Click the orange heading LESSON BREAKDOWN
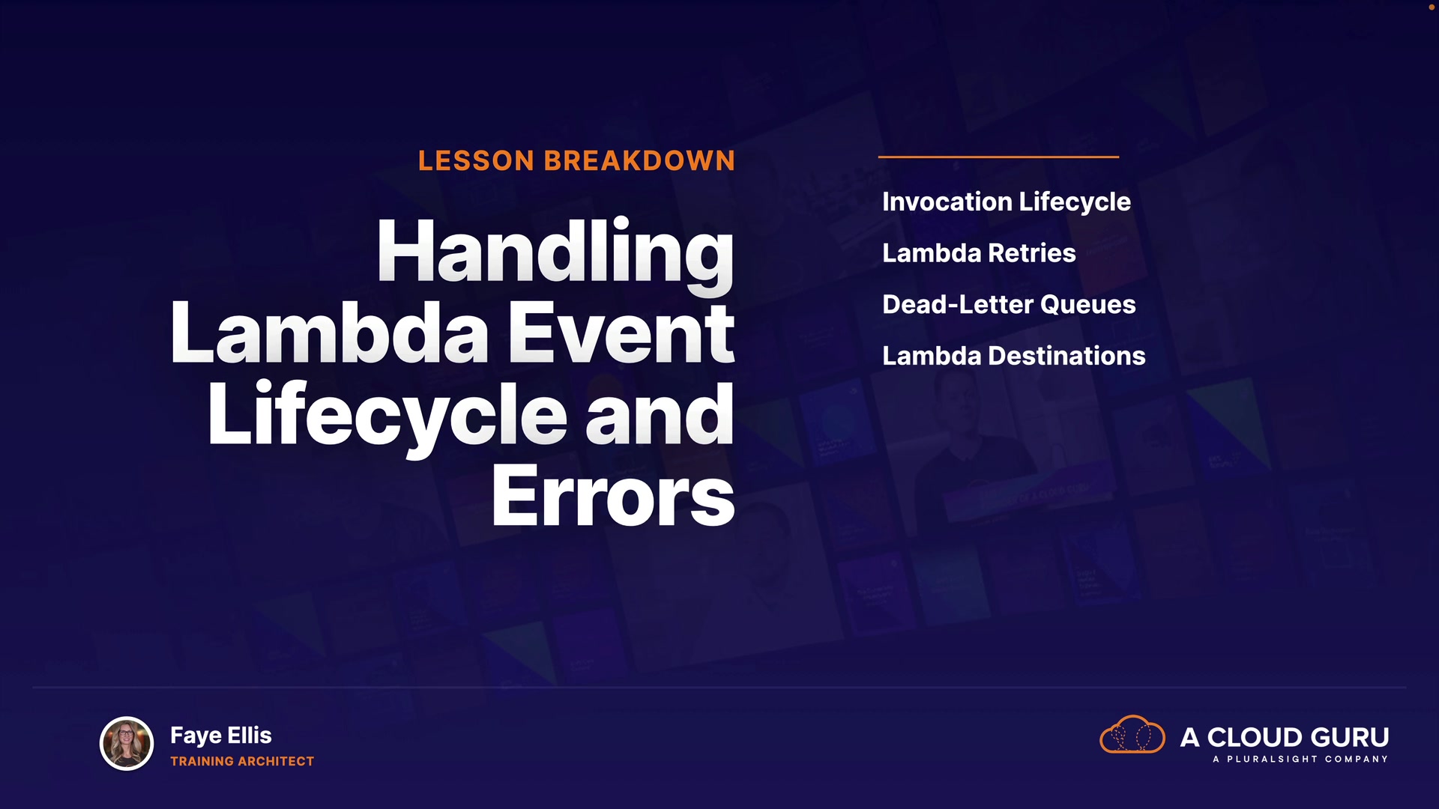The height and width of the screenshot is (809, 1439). pos(576,160)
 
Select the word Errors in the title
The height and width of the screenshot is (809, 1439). pos(613,495)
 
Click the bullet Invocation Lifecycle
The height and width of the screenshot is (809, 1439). pos(1007,202)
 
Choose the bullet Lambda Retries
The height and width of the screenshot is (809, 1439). pos(979,253)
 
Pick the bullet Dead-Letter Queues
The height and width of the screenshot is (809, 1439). pos(1009,305)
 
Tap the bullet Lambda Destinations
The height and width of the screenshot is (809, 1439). pos(1014,356)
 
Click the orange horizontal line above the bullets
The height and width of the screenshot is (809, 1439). pos(998,157)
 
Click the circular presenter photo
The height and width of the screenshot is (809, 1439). pos(127,744)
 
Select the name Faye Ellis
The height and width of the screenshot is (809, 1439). pos(221,736)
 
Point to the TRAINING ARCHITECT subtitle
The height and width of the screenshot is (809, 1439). pos(242,761)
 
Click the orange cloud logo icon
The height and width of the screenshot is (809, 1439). pos(1132,734)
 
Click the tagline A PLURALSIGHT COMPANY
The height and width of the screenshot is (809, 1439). pos(1300,760)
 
